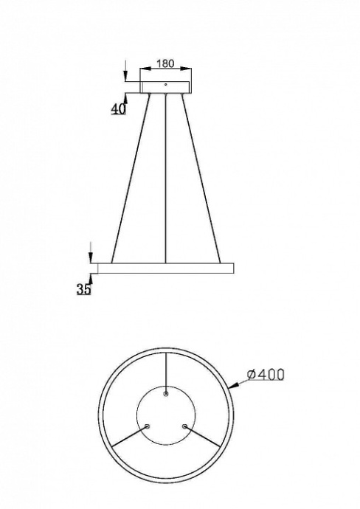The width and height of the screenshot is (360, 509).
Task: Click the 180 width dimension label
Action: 166,64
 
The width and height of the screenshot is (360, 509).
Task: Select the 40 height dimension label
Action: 117,108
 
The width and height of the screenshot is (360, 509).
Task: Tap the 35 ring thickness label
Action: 83,289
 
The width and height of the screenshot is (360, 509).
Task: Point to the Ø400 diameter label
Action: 266,375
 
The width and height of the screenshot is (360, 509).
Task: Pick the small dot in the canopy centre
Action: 166,85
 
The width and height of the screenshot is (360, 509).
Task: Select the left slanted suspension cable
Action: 131,177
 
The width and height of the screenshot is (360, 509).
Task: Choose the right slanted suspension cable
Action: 201,177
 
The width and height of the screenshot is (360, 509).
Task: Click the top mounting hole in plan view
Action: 166,394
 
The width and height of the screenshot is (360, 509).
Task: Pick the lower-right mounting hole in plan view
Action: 184,426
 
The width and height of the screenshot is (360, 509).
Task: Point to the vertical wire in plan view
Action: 166,373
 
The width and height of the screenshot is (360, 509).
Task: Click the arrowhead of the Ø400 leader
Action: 232,385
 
